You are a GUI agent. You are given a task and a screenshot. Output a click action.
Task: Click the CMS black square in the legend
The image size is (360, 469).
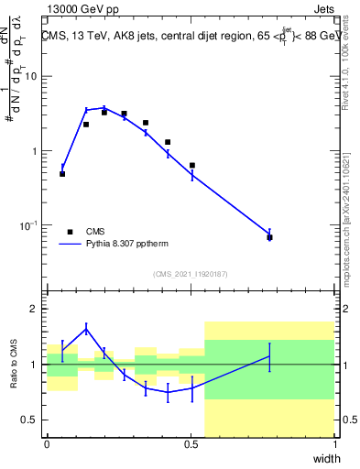[70, 232]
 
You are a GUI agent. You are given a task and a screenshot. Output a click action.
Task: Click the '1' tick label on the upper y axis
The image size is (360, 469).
[35, 151]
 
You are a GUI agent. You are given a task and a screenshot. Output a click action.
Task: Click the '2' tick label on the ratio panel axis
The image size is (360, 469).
[35, 309]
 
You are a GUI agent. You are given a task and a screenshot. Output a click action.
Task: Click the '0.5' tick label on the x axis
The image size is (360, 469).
[191, 444]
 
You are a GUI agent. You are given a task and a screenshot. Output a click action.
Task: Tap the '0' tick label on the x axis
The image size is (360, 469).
[47, 444]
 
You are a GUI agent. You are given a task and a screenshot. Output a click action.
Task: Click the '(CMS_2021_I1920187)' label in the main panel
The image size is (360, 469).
[190, 274]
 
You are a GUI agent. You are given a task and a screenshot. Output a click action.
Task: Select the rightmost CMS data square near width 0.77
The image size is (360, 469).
[269, 237]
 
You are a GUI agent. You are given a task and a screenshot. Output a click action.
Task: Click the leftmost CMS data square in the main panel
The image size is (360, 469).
[62, 173]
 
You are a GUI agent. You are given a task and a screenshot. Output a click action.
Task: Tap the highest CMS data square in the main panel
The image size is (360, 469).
[104, 112]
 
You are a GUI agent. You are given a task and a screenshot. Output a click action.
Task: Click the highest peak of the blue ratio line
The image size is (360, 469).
[86, 329]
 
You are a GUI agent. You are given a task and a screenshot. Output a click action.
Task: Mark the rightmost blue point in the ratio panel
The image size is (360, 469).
[269, 356]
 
